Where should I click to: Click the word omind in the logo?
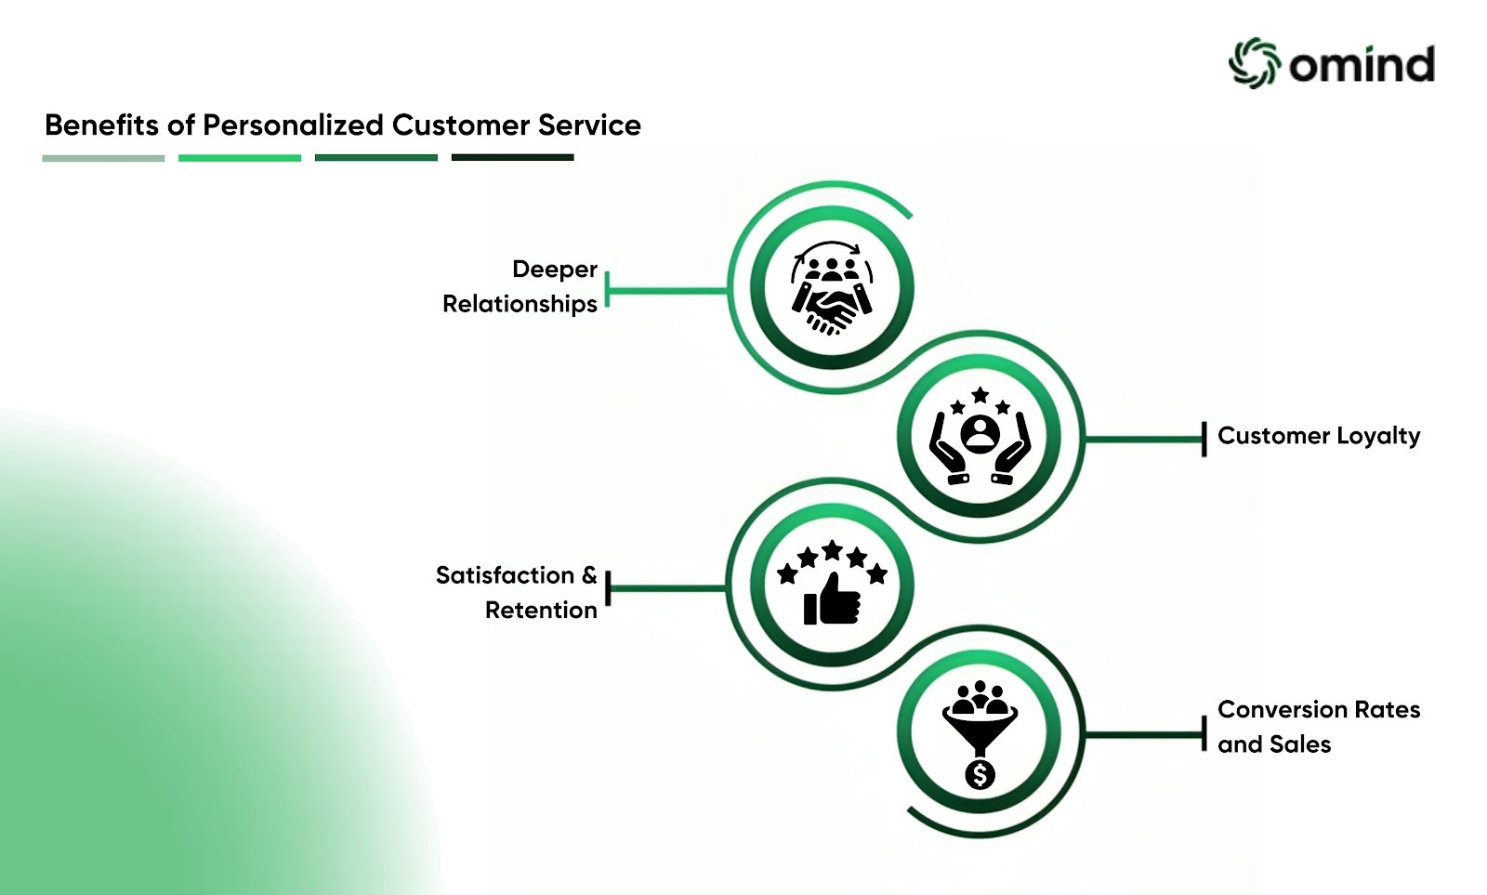point(1362,64)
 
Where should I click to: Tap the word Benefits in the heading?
point(101,125)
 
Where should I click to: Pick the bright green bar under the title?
point(240,158)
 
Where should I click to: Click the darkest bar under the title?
point(512,158)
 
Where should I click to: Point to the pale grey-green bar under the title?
point(103,158)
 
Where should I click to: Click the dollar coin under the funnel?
point(980,773)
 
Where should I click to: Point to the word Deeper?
point(555,270)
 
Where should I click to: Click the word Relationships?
point(520,304)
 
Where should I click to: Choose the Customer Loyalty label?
point(1319,436)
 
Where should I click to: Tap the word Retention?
point(541,611)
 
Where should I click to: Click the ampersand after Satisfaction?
point(589,575)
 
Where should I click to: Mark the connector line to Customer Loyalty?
point(1143,439)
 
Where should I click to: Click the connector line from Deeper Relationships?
point(667,290)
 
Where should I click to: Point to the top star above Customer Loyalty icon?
point(980,396)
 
